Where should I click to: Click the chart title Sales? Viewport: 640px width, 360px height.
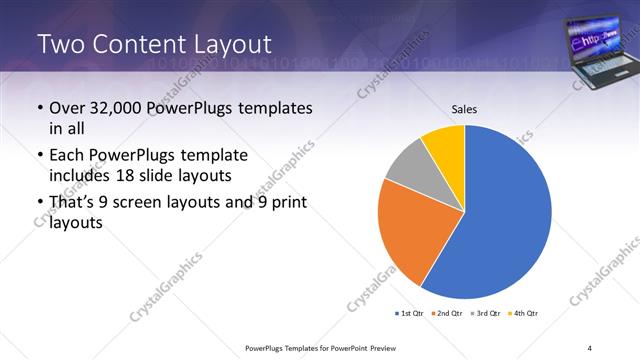[x=464, y=108]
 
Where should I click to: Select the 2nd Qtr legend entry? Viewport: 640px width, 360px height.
[x=447, y=313]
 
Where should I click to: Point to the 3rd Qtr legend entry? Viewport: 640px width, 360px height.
[x=484, y=313]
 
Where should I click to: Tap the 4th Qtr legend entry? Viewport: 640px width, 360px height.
[x=522, y=313]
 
